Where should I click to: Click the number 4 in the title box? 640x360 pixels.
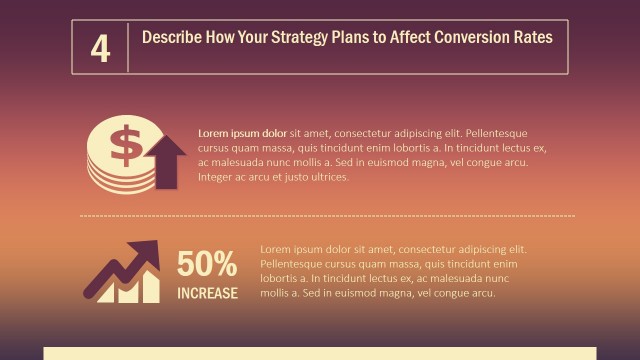pyautogui.click(x=100, y=49)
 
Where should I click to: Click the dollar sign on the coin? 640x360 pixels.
pyautogui.click(x=126, y=146)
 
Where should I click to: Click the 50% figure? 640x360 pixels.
pyautogui.click(x=207, y=265)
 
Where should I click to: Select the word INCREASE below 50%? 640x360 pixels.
pyautogui.click(x=208, y=293)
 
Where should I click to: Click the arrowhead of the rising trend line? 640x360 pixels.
pyautogui.click(x=149, y=251)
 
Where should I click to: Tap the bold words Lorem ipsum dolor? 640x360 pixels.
pyautogui.click(x=243, y=133)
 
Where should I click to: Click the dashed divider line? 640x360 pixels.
pyautogui.click(x=327, y=215)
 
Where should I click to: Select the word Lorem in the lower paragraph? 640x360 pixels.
pyautogui.click(x=276, y=249)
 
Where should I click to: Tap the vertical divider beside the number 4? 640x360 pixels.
pyautogui.click(x=128, y=47)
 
